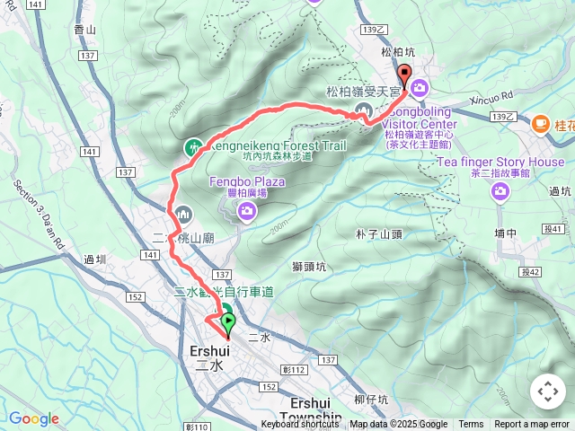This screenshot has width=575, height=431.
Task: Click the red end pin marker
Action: point(404,77)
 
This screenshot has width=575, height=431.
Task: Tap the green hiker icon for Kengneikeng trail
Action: point(192,146)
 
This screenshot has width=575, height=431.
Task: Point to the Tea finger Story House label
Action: point(500,162)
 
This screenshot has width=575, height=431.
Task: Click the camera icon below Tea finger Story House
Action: point(500,190)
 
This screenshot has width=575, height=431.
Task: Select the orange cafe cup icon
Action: point(540,123)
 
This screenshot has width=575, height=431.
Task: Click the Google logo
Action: point(34,418)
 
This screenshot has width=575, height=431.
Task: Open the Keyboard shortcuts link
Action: point(300,425)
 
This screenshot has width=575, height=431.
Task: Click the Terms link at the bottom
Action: point(471,425)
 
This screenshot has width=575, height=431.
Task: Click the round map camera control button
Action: point(547,391)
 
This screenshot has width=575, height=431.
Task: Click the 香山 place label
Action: point(84,30)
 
